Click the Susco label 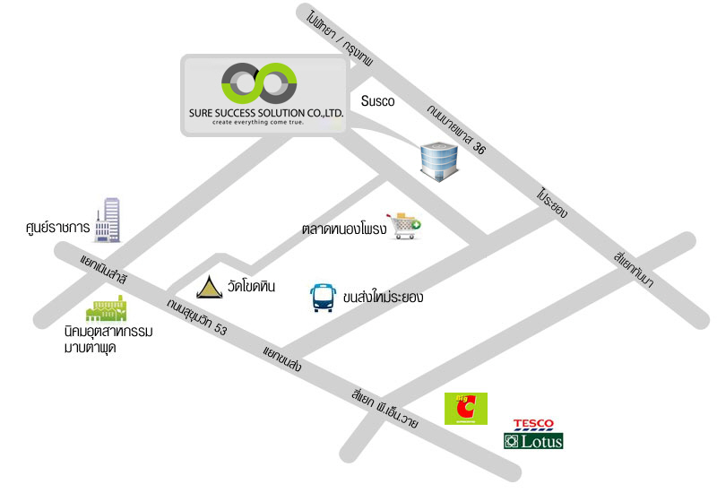pyautogui.click(x=377, y=101)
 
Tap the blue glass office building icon pyautogui.click(x=439, y=161)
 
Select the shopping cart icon pyautogui.click(x=404, y=226)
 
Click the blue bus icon pyautogui.click(x=323, y=298)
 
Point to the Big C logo pyautogui.click(x=466, y=409)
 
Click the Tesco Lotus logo pyautogui.click(x=533, y=434)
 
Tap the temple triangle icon pyautogui.click(x=210, y=287)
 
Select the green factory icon pyautogui.click(x=107, y=307)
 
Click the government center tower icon pyautogui.click(x=108, y=220)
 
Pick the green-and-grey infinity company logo pyautogui.click(x=259, y=83)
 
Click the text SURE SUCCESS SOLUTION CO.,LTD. pyautogui.click(x=266, y=113)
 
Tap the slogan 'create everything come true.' pyautogui.click(x=258, y=123)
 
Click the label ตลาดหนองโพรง pyautogui.click(x=344, y=229)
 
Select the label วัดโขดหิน pyautogui.click(x=251, y=286)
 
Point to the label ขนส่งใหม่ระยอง pyautogui.click(x=383, y=297)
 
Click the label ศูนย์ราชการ pyautogui.click(x=57, y=227)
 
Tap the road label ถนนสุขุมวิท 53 pyautogui.click(x=196, y=316)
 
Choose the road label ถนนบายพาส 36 pyautogui.click(x=456, y=129)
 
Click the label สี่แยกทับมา pyautogui.click(x=634, y=270)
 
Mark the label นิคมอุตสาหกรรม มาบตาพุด pyautogui.click(x=108, y=340)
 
